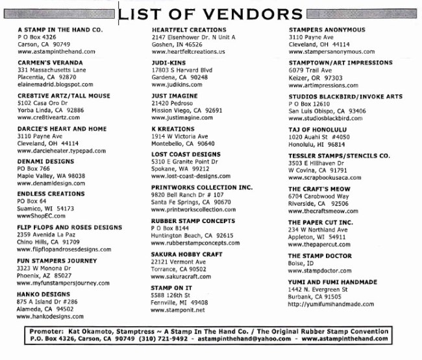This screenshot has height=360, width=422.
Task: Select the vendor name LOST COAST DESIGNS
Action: pos(186,154)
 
